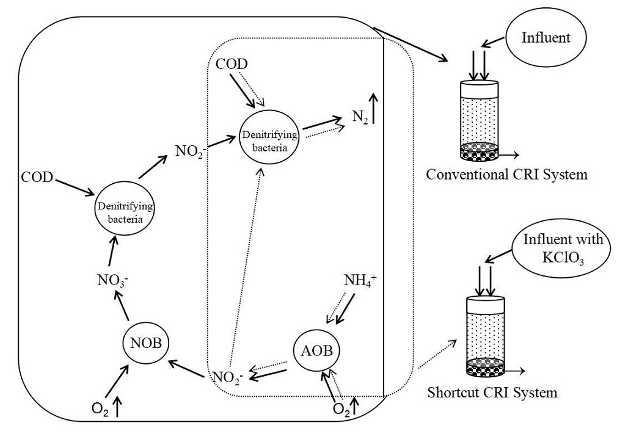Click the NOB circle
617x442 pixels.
click(145, 342)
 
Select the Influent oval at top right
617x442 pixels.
click(545, 38)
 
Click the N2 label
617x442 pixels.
click(360, 117)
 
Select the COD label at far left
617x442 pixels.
click(37, 178)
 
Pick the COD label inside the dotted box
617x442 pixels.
click(232, 64)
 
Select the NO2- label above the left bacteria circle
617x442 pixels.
click(190, 151)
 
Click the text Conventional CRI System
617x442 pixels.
click(506, 175)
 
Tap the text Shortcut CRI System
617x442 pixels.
click(492, 392)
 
